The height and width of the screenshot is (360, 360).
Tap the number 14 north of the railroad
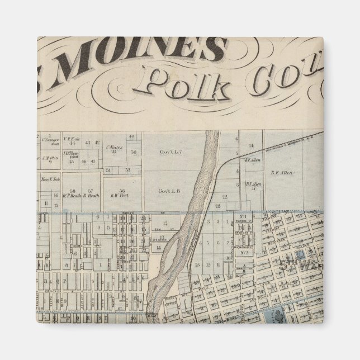[252, 145]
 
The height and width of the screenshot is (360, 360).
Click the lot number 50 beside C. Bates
[132, 152]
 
